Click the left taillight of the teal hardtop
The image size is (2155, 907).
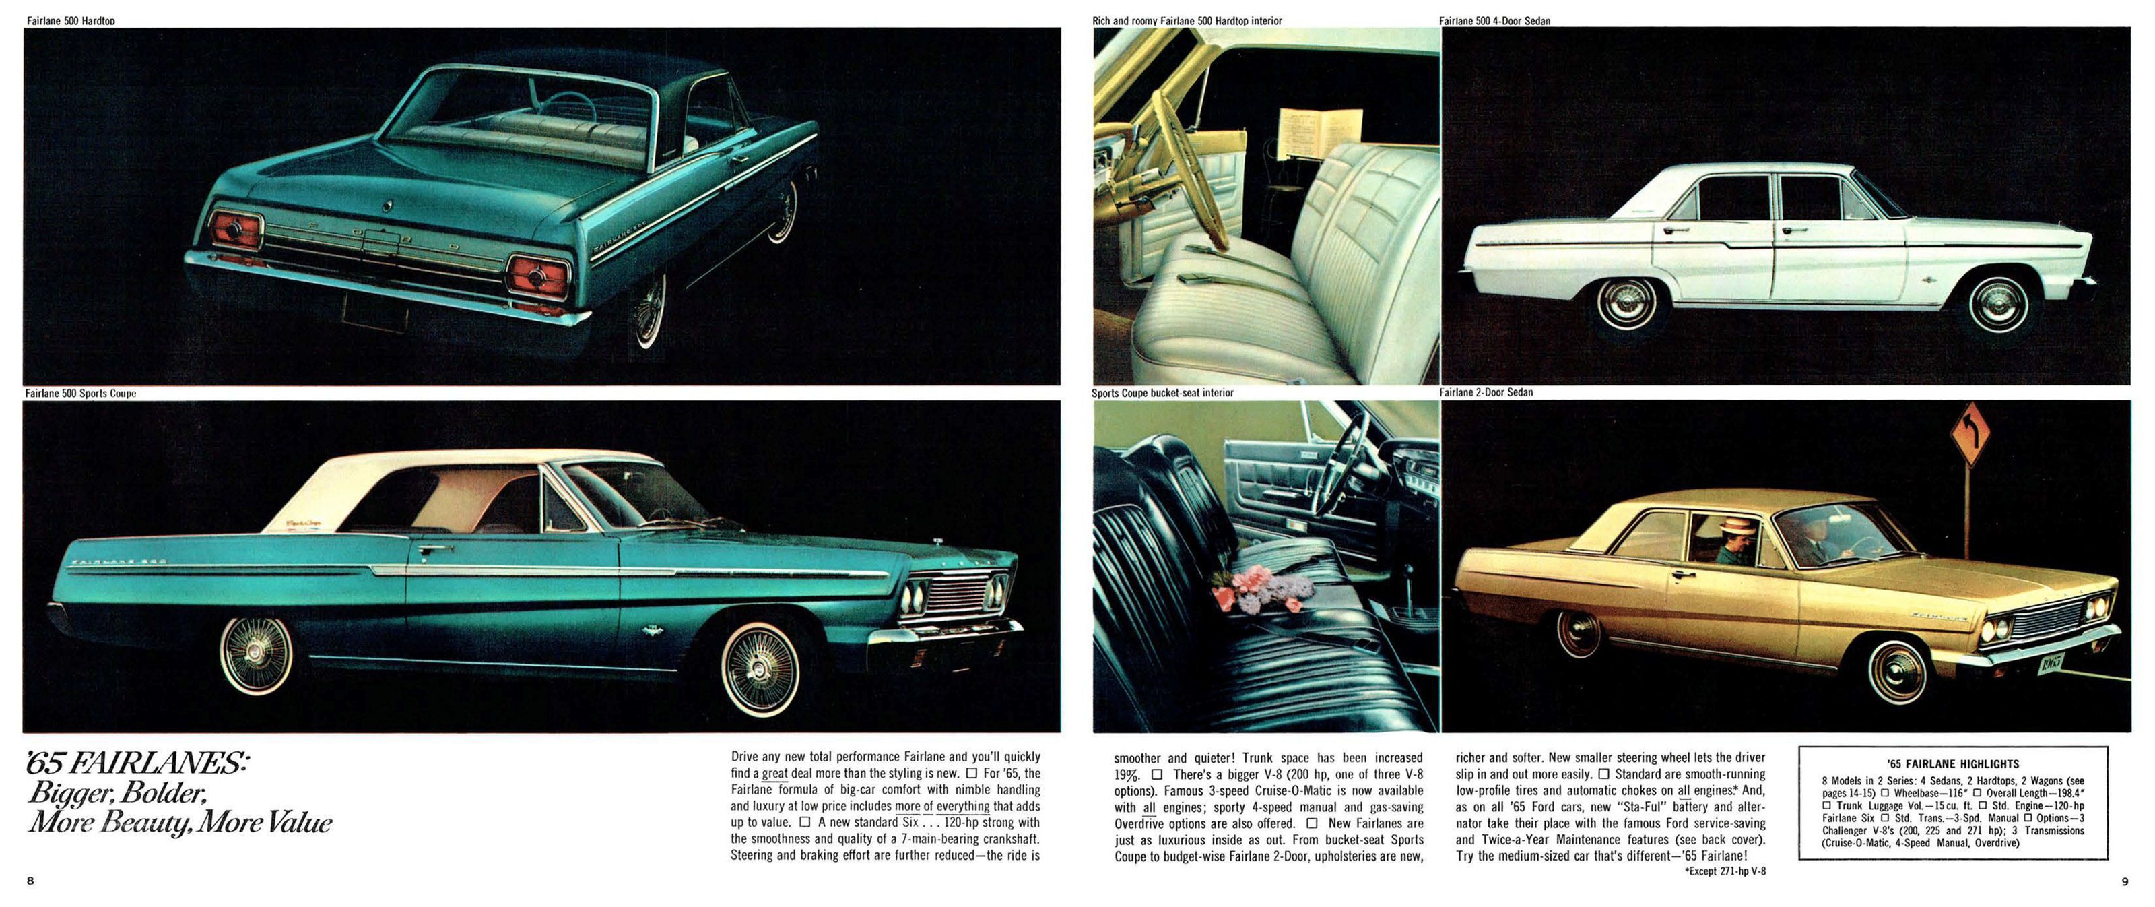(x=235, y=229)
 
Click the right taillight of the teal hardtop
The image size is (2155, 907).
(x=537, y=277)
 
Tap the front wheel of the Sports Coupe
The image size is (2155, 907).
(x=760, y=670)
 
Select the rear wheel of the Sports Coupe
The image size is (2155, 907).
(x=256, y=654)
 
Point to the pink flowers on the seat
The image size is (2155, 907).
(x=1261, y=589)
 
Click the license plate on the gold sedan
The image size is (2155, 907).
(x=2049, y=664)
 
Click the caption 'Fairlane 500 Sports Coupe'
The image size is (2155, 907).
(x=80, y=394)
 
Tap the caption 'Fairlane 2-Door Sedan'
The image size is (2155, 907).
(x=1486, y=392)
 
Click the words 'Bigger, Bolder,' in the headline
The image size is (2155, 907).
(x=117, y=793)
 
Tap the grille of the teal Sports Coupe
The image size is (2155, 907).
(x=956, y=594)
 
